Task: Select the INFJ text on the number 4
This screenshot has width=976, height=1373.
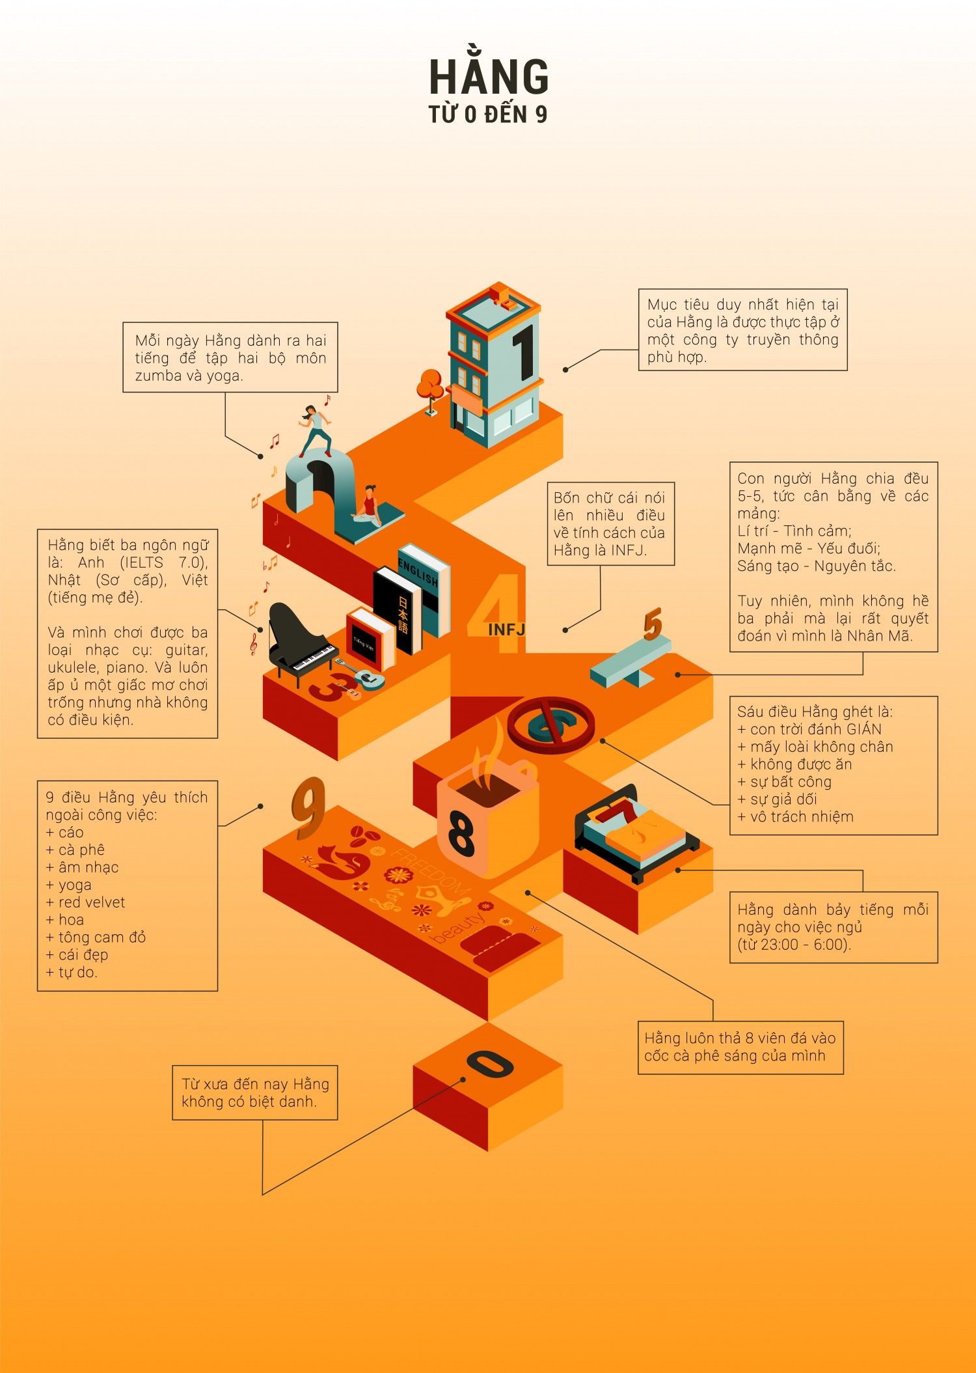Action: pos(506,630)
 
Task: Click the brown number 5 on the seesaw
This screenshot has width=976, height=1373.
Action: pos(653,624)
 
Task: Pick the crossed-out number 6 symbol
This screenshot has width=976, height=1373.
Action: pos(551,725)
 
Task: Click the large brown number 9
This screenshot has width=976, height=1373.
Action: pos(309,809)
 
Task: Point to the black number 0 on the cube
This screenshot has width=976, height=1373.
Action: pos(491,1064)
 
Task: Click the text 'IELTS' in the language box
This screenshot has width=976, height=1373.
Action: pos(142,562)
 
